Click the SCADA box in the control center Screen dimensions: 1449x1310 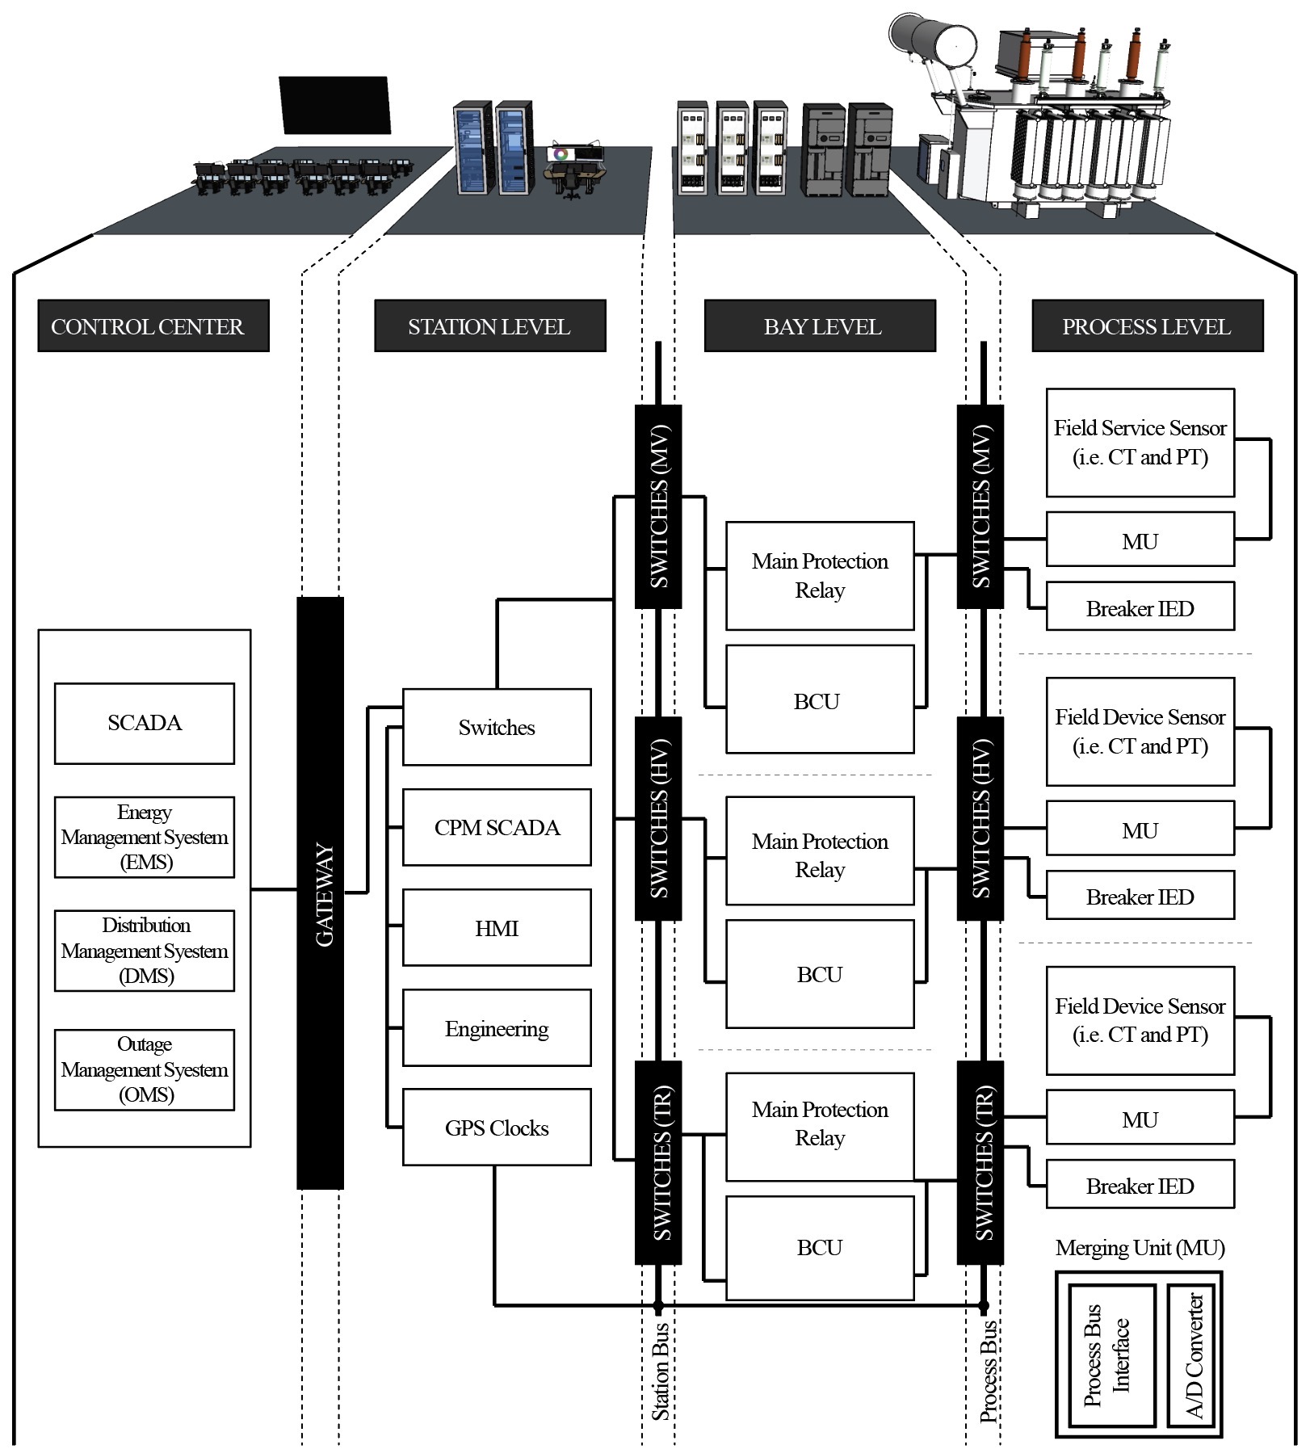point(145,723)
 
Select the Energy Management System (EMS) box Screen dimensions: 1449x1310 point(145,837)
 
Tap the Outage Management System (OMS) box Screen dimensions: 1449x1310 point(145,1069)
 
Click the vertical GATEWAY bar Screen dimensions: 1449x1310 point(321,892)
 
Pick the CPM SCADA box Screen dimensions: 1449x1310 point(497,827)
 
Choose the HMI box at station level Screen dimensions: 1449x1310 point(497,927)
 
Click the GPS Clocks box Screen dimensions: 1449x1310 point(497,1128)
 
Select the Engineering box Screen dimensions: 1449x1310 point(497,1027)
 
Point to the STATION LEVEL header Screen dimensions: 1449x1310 point(489,326)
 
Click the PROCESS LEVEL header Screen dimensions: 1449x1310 point(1147,326)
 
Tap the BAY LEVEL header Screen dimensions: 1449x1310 point(820,326)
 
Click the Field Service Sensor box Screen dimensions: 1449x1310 point(1140,443)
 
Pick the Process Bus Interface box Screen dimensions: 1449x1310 point(1111,1356)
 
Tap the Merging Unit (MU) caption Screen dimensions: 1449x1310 point(1140,1248)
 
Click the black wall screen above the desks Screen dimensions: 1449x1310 point(334,105)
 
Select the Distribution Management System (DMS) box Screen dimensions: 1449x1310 point(145,951)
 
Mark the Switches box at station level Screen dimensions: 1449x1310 point(497,727)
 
